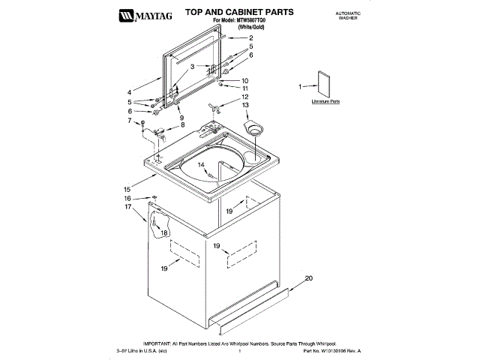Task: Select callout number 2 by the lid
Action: point(250,37)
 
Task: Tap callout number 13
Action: point(245,105)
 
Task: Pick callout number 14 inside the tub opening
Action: point(202,164)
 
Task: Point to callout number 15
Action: point(127,189)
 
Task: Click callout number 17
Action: point(128,206)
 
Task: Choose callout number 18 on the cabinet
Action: point(163,233)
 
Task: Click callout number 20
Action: point(307,278)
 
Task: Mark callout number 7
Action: point(130,120)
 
